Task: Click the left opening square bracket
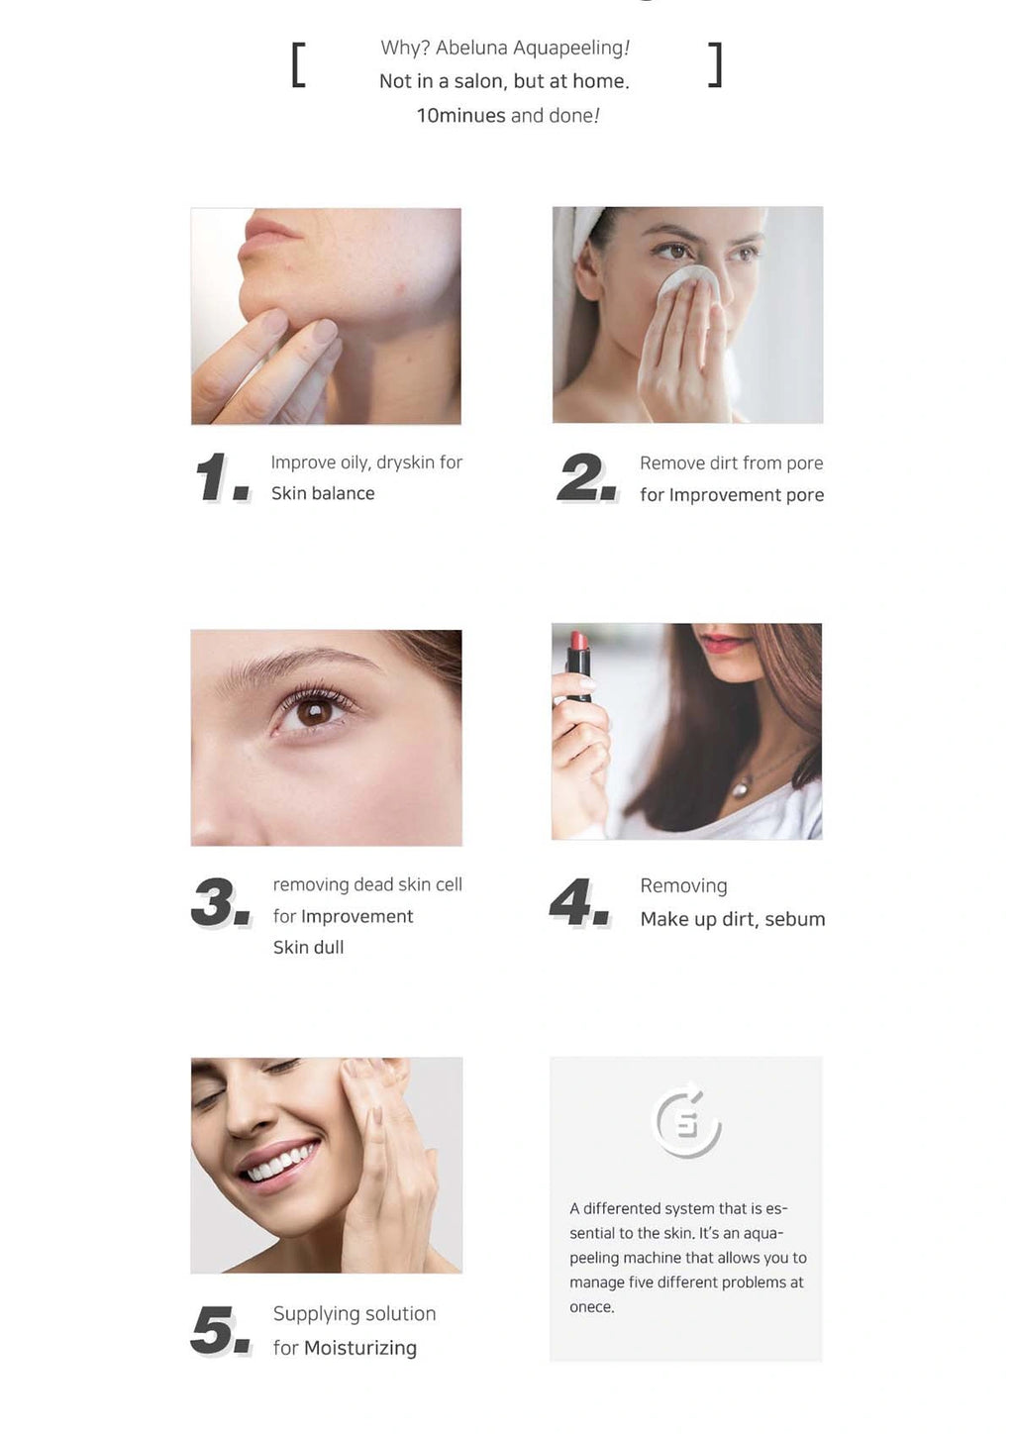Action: click(x=298, y=64)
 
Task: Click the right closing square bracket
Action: click(x=715, y=64)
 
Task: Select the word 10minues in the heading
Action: click(x=461, y=116)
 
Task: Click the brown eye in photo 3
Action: click(x=314, y=711)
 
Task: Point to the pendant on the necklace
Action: click(x=741, y=787)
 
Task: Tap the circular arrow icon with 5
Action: click(x=686, y=1119)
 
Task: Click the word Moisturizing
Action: click(x=359, y=1348)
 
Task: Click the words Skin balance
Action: click(x=323, y=492)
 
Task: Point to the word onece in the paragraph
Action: click(x=590, y=1307)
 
